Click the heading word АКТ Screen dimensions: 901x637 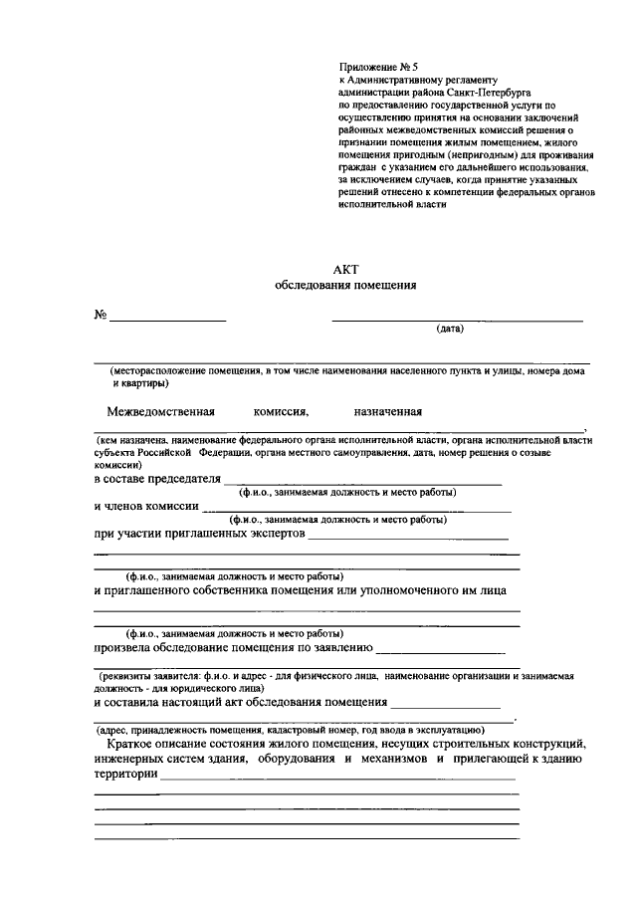344,269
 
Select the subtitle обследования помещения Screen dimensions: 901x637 344,285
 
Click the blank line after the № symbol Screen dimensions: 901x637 167,319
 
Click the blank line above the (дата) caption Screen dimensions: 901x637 457,321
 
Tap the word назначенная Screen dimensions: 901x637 388,410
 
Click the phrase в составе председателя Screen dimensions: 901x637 156,479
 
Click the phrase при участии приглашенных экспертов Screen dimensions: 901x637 199,534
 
